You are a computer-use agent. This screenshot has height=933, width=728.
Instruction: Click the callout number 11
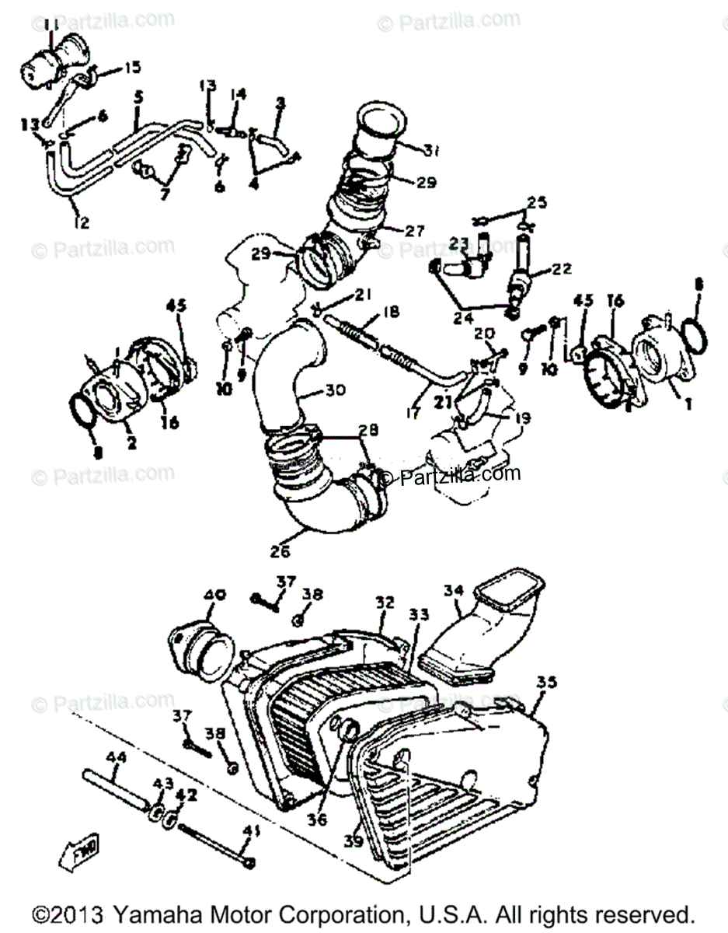[x=51, y=27]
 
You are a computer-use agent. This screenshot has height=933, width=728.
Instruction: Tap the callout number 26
[x=280, y=552]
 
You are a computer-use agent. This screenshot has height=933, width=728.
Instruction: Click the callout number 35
[x=547, y=683]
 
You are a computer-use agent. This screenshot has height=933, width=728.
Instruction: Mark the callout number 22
[x=561, y=269]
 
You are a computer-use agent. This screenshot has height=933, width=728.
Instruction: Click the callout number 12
[x=81, y=222]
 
